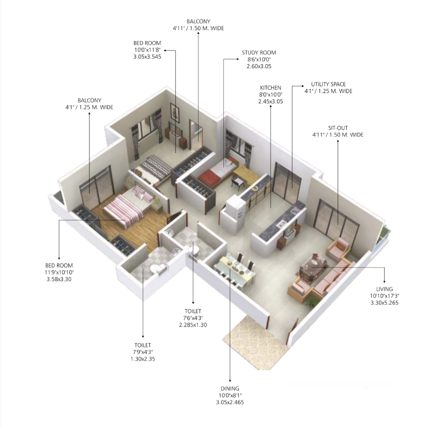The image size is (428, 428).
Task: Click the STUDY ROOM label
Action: [x=259, y=52]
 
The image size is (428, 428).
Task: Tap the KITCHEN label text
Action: [x=270, y=88]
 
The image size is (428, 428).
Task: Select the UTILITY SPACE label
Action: [x=328, y=84]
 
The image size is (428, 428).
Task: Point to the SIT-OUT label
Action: [x=338, y=128]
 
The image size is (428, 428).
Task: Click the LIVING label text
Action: [x=384, y=289]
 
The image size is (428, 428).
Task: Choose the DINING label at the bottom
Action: [x=230, y=389]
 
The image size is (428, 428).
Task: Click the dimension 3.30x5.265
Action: [x=384, y=303]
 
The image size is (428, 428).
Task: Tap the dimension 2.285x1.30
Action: [x=193, y=325]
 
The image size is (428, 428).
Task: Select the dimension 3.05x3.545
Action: [x=147, y=57]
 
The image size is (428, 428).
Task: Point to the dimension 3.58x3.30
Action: [x=59, y=279]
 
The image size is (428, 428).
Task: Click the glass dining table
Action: [x=235, y=270]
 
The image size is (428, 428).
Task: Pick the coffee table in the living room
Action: [x=313, y=268]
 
